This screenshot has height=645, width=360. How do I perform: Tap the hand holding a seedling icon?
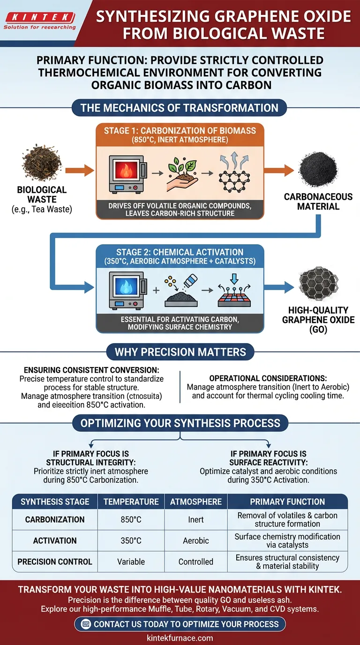pos(180,175)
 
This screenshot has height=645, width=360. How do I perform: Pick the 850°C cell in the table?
pos(131,520)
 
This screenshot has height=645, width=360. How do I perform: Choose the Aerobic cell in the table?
pos(196,540)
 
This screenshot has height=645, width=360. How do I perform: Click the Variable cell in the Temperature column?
pos(131,562)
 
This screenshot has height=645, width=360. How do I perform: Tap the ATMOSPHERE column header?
pos(196,502)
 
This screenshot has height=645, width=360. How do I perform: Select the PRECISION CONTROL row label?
pos(55,562)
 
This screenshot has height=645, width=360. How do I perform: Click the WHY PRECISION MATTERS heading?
pos(180,352)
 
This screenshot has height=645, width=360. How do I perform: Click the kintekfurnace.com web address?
pos(180,638)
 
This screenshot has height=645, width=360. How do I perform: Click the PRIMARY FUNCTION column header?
pos(287,502)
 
